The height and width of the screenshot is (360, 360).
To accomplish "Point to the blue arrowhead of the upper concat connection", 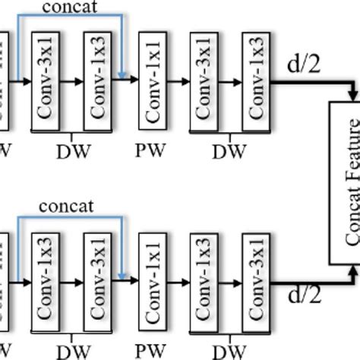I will coord(122,73).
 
